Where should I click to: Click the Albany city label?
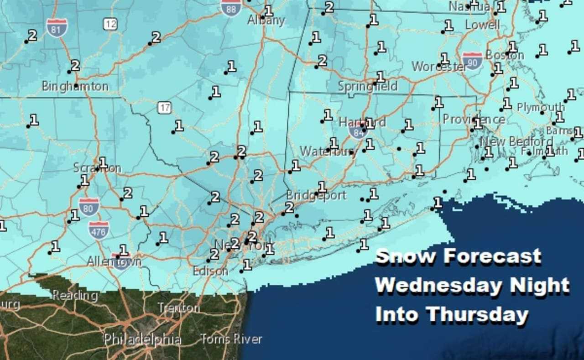266,21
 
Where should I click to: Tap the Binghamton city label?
75,86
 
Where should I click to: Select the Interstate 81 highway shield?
57,28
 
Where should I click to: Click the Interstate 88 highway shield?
231,7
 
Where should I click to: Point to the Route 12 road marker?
110,24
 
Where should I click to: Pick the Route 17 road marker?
165,108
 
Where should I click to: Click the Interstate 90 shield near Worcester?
472,61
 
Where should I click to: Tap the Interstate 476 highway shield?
99,230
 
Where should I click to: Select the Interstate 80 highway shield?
89,207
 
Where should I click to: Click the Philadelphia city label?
142,339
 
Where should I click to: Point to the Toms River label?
231,339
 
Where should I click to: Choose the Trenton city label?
178,308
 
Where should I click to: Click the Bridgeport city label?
316,196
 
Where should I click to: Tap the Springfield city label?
368,86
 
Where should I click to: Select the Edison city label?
210,271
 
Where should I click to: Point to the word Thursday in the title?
477,315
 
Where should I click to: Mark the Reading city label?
75,295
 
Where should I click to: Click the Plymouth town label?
541,108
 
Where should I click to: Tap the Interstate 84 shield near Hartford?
358,131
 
